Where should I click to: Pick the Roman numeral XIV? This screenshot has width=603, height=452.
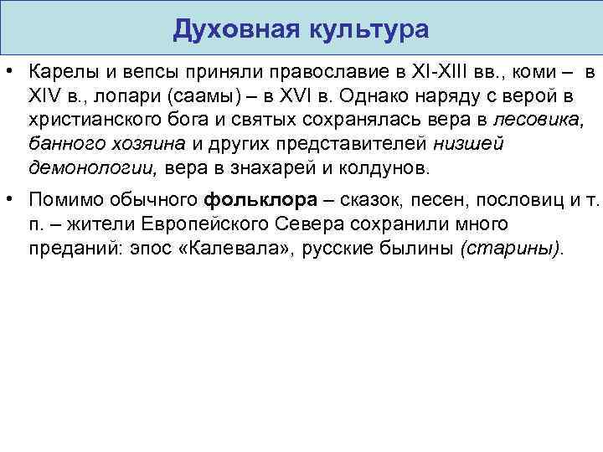click(44, 97)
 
